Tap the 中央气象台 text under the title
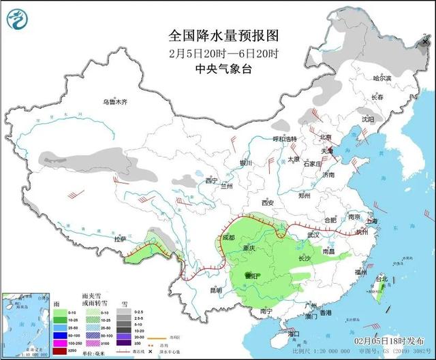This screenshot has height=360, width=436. click(223, 68)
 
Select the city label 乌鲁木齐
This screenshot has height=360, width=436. click(115, 102)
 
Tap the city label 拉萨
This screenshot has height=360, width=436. click(120, 239)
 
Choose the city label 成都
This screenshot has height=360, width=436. click(227, 238)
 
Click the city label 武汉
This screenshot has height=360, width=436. click(313, 234)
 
